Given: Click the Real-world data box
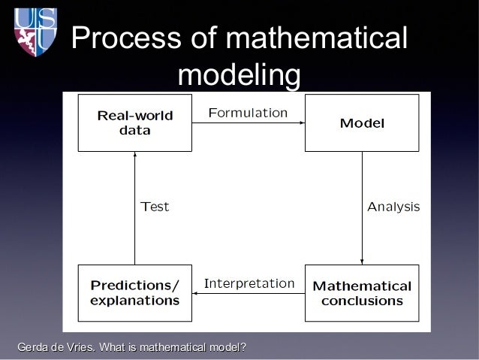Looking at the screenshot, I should click(x=135, y=123).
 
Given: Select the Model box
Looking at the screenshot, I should click(x=362, y=123).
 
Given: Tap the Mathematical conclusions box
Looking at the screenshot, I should click(x=362, y=293).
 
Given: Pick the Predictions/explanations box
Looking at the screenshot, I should click(x=135, y=293).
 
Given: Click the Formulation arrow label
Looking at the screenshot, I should click(x=247, y=113).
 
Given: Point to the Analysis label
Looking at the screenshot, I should click(x=393, y=207).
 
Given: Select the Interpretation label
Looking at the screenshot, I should click(x=249, y=283).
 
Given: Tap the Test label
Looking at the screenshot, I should click(x=155, y=207).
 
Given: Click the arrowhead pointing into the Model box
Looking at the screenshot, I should click(x=301, y=123).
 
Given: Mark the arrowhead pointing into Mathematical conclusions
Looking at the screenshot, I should click(x=362, y=261).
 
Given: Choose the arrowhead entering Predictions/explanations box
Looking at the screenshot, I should click(x=196, y=294).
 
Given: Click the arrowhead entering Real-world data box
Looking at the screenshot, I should click(x=134, y=155).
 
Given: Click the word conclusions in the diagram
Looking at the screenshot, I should click(x=362, y=301).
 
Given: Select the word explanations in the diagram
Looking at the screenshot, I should click(x=135, y=301).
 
